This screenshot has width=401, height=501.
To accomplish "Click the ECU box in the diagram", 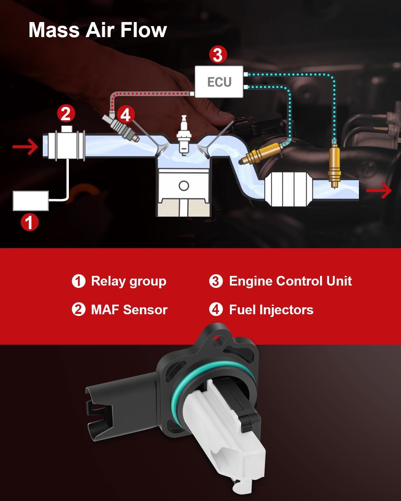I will click(219, 82).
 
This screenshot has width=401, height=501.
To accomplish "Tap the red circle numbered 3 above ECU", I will click(218, 55).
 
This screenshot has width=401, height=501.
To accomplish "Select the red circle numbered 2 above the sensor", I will click(66, 114).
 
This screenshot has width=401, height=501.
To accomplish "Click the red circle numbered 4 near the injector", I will click(125, 115).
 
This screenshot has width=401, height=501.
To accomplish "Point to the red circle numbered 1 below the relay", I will click(30, 222).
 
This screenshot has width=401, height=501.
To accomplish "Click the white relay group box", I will click(31, 201).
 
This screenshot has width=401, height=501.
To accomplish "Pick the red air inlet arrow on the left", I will click(25, 147).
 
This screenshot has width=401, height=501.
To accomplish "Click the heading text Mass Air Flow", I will click(98, 30).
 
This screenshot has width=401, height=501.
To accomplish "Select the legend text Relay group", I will click(129, 281).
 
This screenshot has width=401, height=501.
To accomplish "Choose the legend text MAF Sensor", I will click(129, 310).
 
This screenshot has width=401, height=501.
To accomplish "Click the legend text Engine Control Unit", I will click(290, 281).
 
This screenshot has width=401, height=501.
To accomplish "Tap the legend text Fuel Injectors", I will click(271, 310).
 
